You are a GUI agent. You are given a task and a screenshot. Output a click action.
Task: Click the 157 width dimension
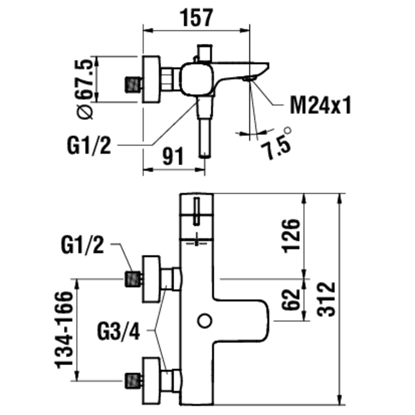[196, 17]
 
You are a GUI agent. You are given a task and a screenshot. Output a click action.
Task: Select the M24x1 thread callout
[320, 105]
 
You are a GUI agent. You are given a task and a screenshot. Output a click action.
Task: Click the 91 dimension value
[173, 156]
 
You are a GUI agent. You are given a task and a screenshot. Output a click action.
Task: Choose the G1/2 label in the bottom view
[82, 245]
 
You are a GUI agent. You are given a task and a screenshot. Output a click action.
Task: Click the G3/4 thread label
[118, 331]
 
